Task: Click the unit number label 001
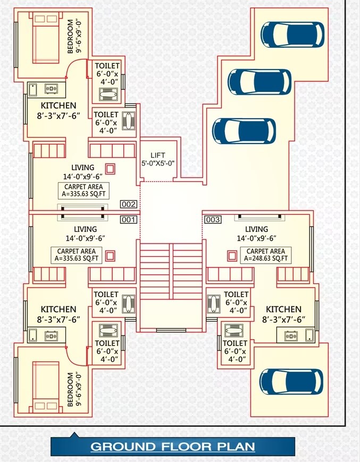pos(129,219)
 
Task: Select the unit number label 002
pos(129,204)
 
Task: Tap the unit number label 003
pos(212,219)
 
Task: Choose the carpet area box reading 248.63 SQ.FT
pos(266,255)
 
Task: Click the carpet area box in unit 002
pos(83,190)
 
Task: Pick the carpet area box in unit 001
pos(76,255)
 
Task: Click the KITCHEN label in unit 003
pos(283,309)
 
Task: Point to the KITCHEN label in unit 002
pos(58,106)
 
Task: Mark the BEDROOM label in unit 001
pos(71,390)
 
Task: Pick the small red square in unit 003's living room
pos(231,256)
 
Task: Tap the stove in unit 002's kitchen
pos(52,88)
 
